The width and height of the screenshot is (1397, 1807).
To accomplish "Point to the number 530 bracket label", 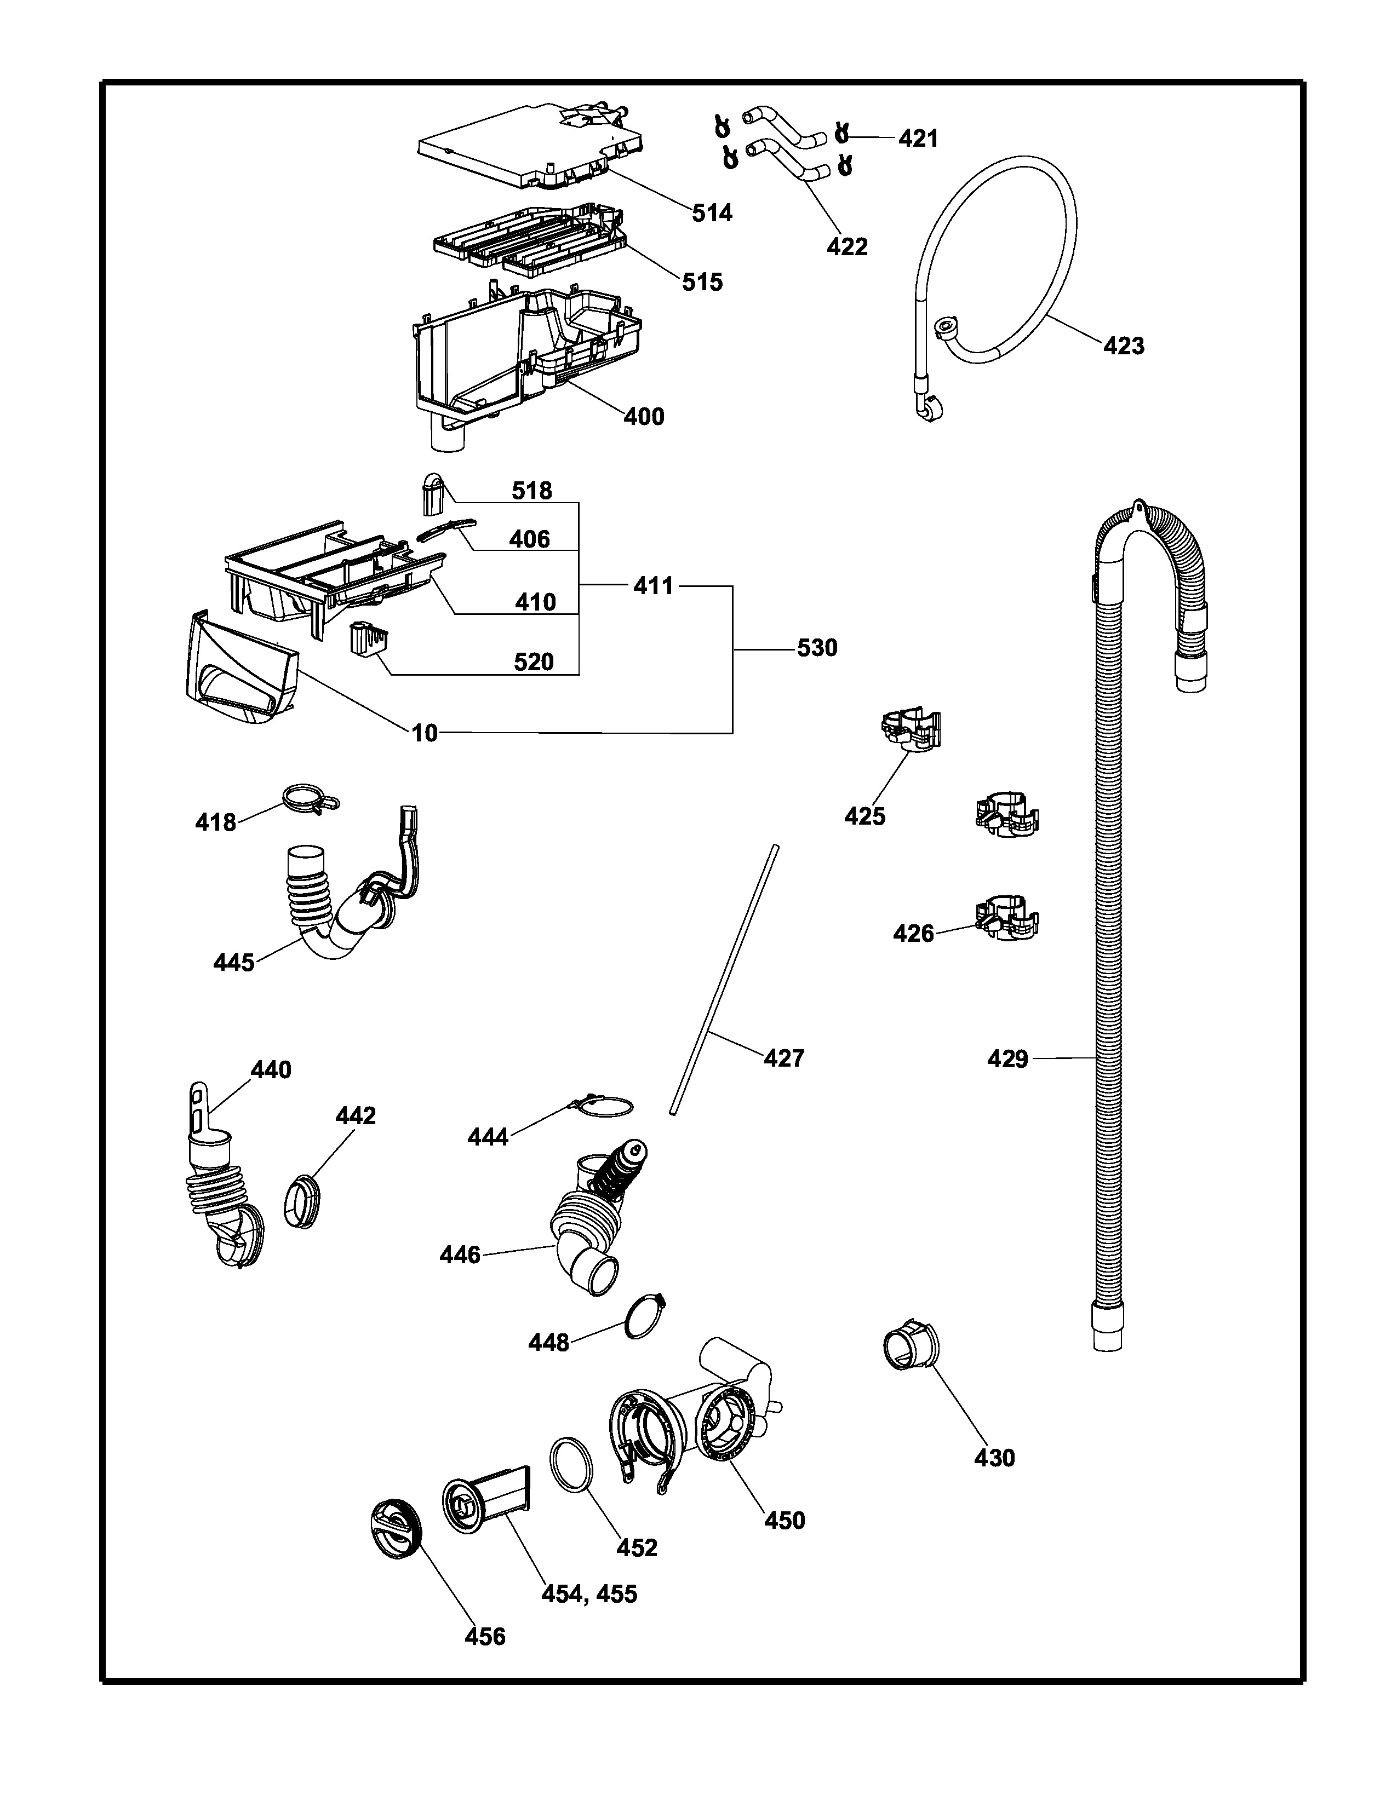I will pyautogui.click(x=817, y=647).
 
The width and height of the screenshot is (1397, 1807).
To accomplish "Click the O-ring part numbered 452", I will pyautogui.click(x=572, y=1464).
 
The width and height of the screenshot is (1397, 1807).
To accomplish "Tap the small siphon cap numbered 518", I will pyautogui.click(x=432, y=493).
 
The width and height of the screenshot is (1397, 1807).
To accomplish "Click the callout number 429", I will pyautogui.click(x=1007, y=1058).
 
